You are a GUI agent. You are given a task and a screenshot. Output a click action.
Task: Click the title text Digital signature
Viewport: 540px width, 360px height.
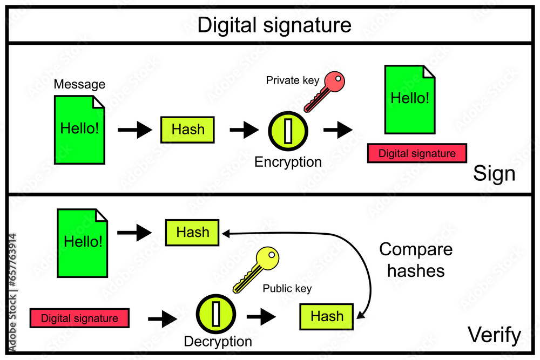coord(274,25)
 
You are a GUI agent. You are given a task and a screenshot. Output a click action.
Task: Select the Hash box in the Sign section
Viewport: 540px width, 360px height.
coord(188,130)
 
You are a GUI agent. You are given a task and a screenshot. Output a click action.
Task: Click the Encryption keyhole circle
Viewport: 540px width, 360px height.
coord(288,130)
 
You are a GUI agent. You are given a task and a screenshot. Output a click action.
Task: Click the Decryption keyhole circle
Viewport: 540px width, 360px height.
coord(216,314)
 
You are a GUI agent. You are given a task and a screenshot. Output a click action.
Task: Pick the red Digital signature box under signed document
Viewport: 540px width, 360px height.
coord(417,153)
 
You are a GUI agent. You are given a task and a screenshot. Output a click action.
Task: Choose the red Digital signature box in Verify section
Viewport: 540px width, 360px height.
coord(79,318)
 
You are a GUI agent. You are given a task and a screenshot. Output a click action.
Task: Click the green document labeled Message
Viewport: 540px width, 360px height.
coord(79,130)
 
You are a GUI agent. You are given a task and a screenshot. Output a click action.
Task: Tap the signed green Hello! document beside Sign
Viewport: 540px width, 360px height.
coord(410,99)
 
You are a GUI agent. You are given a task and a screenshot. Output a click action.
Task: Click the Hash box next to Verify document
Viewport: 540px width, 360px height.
coord(192,233)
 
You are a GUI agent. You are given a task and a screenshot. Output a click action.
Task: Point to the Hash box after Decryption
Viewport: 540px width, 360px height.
coord(327,316)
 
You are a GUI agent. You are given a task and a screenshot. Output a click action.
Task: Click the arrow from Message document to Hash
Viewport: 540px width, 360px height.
coord(135,130)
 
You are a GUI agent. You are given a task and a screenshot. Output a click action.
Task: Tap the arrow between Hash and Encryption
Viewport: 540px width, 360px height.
coord(244,130)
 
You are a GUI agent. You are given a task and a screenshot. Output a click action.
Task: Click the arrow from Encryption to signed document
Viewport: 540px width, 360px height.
coord(337,130)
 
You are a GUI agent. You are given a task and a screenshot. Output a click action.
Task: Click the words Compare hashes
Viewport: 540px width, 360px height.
coord(416,260)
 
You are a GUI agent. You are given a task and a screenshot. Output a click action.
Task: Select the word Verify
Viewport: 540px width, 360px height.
coord(494,335)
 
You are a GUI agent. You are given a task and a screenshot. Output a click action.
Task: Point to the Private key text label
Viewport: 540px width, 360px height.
coord(289,80)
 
